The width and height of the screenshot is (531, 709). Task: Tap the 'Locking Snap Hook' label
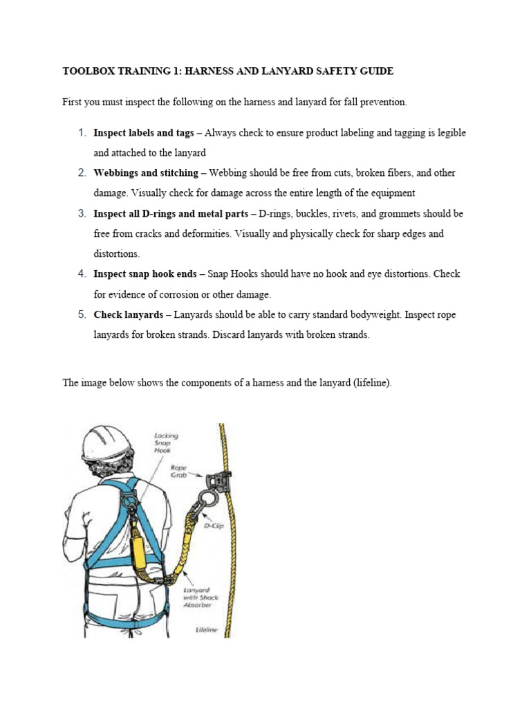pos(166,442)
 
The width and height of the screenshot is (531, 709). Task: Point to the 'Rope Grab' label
pos(178,472)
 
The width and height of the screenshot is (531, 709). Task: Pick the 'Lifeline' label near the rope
pos(206,630)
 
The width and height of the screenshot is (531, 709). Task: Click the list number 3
pos(82,214)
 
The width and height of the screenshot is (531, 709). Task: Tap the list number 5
pos(82,315)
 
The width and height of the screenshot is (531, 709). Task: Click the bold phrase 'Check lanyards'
pos(128,315)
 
